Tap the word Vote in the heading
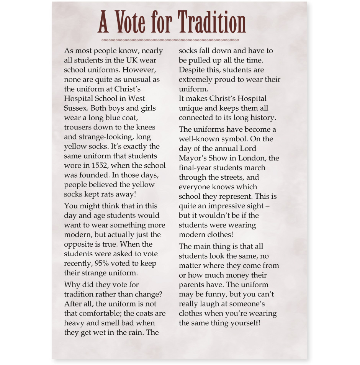(x=130, y=22)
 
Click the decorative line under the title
(x=170, y=40)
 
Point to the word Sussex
(x=76, y=108)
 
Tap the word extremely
(x=195, y=79)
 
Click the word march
(x=255, y=167)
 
